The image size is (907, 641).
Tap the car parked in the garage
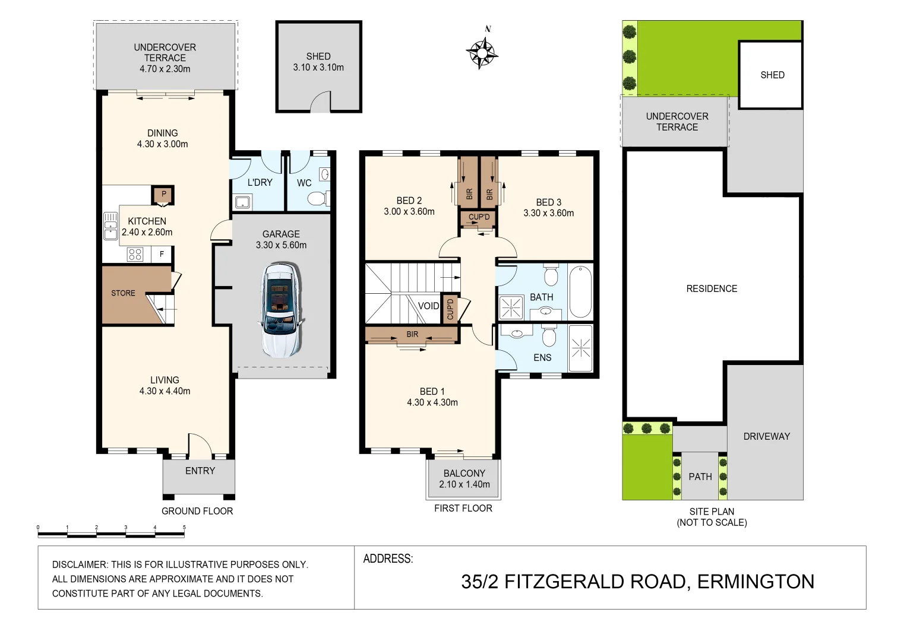click(x=280, y=310)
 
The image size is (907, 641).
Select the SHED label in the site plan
click(x=772, y=75)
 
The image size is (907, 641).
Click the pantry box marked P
click(x=163, y=195)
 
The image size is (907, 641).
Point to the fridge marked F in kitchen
click(x=162, y=254)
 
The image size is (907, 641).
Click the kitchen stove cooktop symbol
click(x=135, y=254)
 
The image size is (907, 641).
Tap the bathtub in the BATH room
click(x=580, y=291)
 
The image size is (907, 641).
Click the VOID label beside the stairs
click(x=428, y=306)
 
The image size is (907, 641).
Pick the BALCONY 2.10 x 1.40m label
click(x=464, y=479)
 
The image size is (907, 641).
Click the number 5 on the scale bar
click(x=184, y=527)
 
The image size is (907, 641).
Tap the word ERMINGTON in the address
click(x=756, y=582)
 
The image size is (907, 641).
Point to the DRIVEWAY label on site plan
click(x=766, y=436)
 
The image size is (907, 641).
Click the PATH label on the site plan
click(x=700, y=477)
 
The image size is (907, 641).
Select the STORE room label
click(x=123, y=293)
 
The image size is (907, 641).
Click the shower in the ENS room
click(x=581, y=348)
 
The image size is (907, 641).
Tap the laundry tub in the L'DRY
click(x=242, y=202)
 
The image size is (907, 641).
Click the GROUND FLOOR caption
click(x=197, y=511)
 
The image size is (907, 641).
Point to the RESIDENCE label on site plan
click(x=712, y=288)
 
